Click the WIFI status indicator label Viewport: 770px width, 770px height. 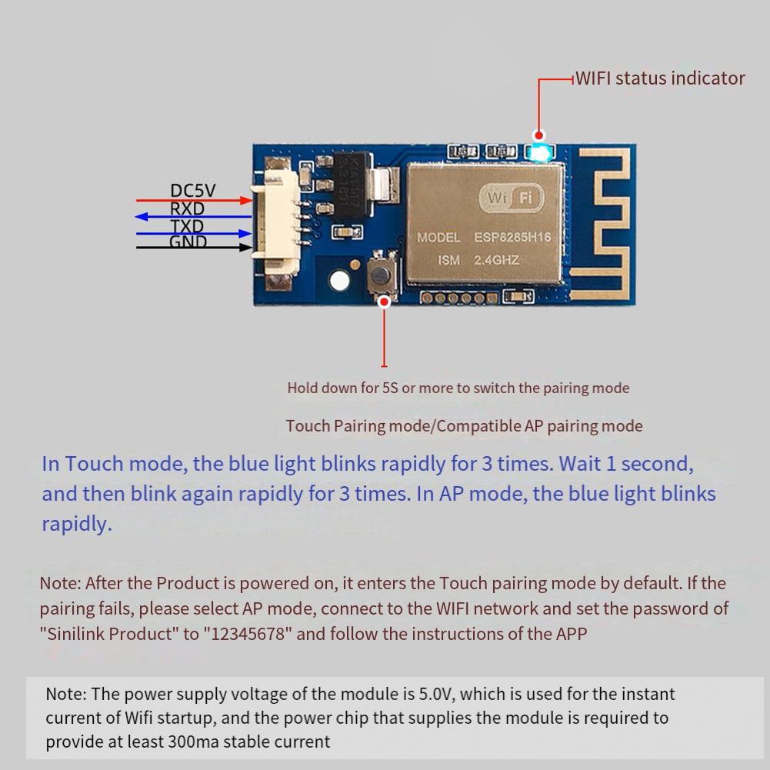(x=660, y=78)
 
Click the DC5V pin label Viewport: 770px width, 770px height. (x=193, y=190)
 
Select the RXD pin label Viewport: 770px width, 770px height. (x=187, y=208)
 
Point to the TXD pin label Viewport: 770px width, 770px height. (x=187, y=226)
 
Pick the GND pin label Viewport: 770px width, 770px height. (x=188, y=242)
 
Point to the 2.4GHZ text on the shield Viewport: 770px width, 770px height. (x=496, y=260)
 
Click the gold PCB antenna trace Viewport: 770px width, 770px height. (x=608, y=223)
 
